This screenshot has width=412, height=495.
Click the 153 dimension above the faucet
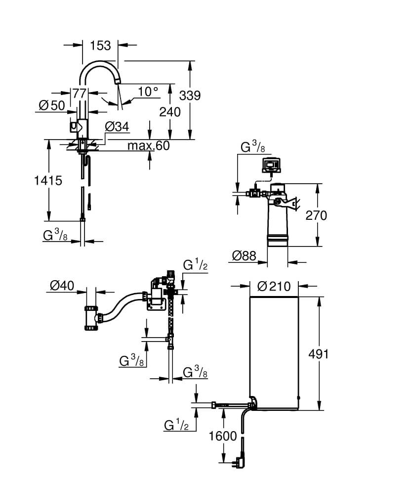tap(100, 45)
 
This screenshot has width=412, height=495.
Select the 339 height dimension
tap(190, 95)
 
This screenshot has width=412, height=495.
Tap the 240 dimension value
tap(169, 112)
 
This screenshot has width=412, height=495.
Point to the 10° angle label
tap(148, 92)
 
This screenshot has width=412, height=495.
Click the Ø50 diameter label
tap(52, 105)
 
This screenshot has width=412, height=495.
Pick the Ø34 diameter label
tap(117, 127)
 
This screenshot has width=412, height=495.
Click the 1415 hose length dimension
tap(48, 181)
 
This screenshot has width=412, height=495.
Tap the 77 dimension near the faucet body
tap(80, 93)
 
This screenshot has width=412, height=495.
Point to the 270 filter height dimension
tap(316, 215)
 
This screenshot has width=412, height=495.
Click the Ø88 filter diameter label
tap(244, 256)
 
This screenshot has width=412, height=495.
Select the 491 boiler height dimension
tap(318, 354)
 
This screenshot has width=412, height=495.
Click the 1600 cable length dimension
tap(223, 436)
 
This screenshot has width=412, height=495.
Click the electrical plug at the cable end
tap(241, 462)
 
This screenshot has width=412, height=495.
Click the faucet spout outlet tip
tap(118, 82)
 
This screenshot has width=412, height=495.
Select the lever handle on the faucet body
tap(74, 128)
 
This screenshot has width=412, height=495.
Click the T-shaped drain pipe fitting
tap(92, 319)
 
